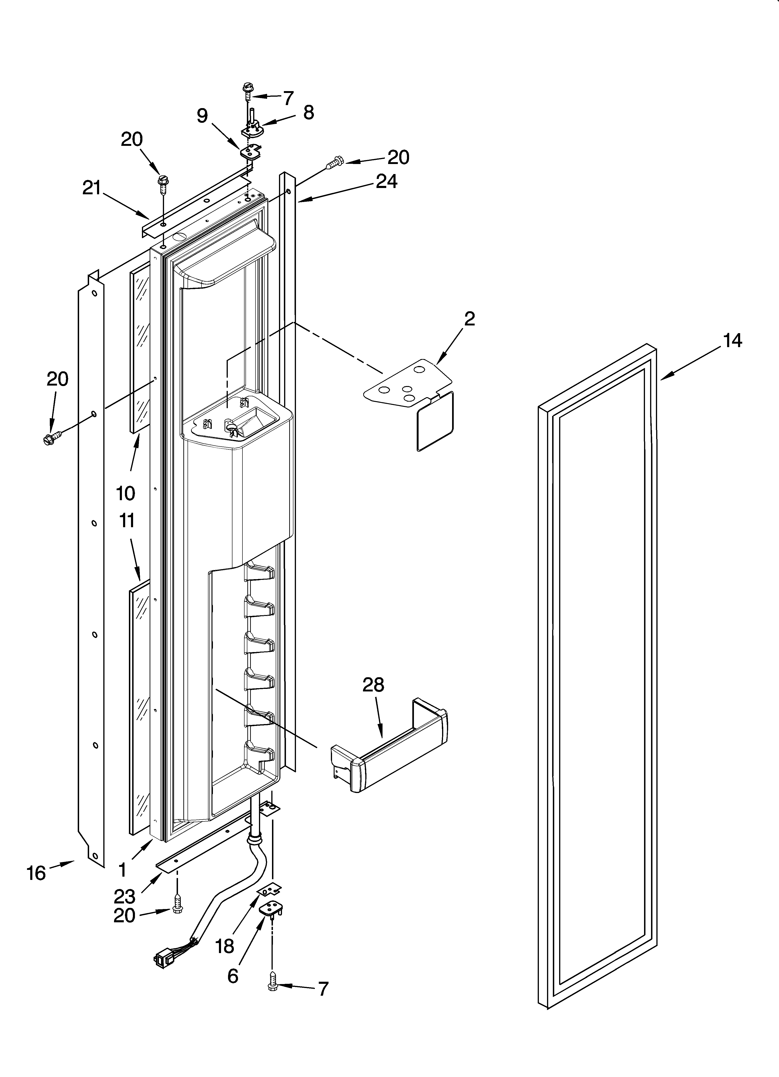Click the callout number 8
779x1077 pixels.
(x=308, y=113)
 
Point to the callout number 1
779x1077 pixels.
(x=122, y=870)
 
